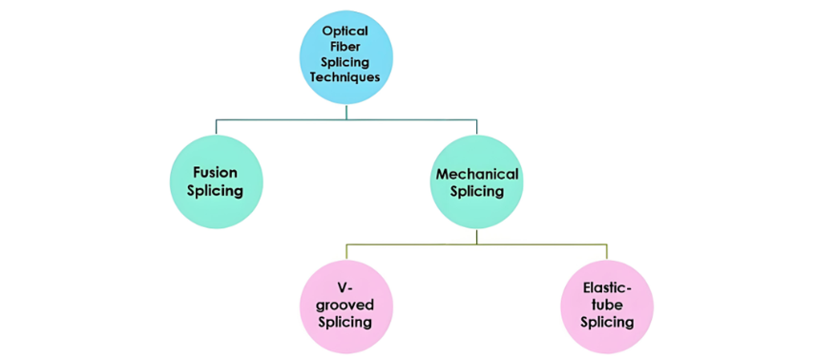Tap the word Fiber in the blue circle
point(346,47)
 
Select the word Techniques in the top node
point(346,76)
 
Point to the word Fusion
point(216,173)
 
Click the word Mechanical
point(476,174)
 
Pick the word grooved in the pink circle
point(346,306)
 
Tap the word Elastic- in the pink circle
point(607,290)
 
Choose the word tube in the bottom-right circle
point(607,307)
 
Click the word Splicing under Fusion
point(216,190)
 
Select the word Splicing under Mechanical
point(476,192)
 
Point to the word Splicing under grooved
point(346,322)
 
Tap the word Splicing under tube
point(607,322)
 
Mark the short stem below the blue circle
point(346,112)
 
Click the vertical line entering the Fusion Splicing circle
point(216,127)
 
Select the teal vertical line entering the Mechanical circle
point(476,127)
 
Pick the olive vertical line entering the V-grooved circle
point(346,252)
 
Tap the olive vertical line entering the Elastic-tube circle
point(607,252)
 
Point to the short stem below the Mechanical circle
point(476,236)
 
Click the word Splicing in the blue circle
point(346,62)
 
